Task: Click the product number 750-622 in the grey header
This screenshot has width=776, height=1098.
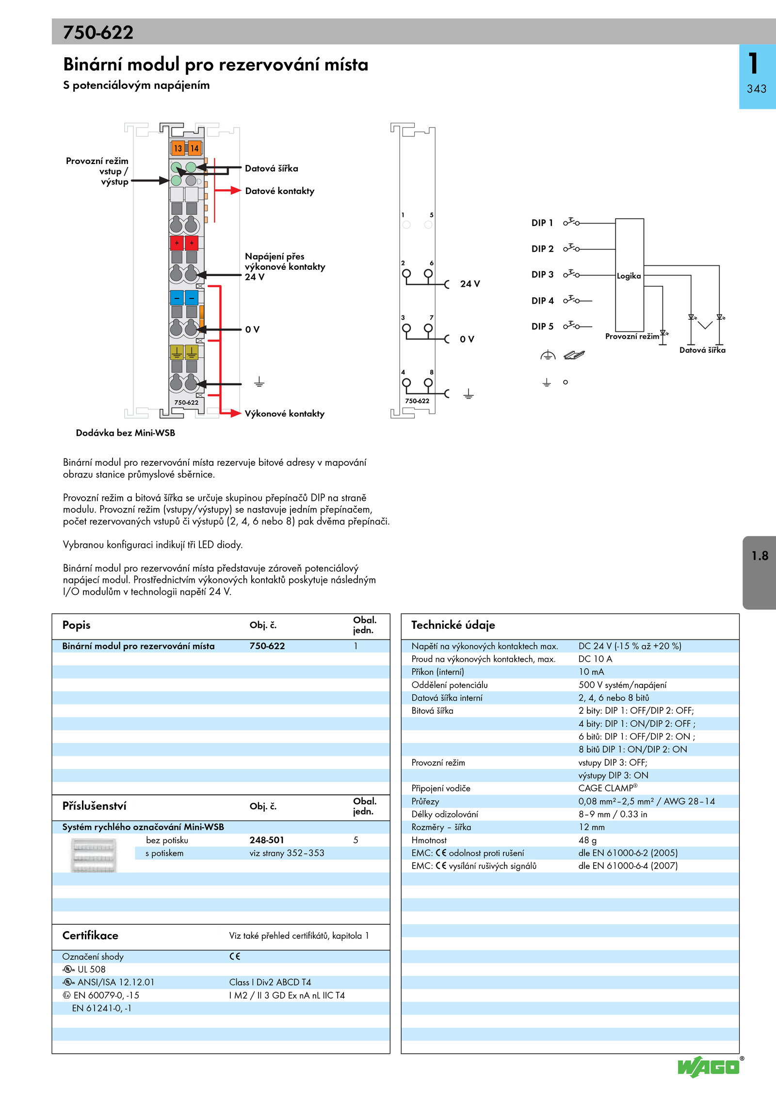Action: click(98, 33)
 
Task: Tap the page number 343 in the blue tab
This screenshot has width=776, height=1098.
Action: click(757, 89)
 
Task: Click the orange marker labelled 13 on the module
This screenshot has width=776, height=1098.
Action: click(178, 148)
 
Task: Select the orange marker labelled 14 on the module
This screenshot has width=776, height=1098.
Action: click(194, 148)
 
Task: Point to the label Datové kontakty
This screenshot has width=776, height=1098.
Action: click(279, 191)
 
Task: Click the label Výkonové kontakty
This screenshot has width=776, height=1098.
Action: click(284, 414)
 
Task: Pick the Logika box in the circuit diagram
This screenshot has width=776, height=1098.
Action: click(629, 276)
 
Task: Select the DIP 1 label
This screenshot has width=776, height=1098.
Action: click(542, 223)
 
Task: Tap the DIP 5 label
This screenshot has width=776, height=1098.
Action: click(542, 327)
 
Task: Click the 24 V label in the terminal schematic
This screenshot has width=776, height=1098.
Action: click(469, 284)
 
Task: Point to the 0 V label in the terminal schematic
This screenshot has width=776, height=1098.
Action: click(467, 339)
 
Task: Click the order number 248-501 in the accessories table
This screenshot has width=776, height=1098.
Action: click(267, 840)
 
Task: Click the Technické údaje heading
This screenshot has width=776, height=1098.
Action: click(453, 625)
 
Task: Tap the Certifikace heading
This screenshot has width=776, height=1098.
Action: click(90, 935)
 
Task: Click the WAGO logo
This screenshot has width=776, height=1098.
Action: click(709, 1067)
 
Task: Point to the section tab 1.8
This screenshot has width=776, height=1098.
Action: click(760, 556)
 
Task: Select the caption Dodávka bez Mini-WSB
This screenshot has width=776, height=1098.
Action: click(125, 433)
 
